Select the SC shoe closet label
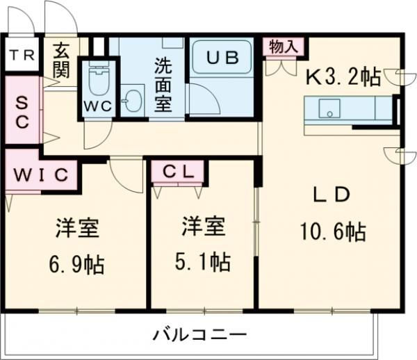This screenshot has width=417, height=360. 22,111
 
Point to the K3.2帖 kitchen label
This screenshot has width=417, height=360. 345,75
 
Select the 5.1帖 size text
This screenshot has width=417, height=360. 202,263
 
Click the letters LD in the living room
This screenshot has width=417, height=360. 330,196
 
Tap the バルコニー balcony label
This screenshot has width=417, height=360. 199,336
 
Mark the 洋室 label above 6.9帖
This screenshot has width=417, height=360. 76,229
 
